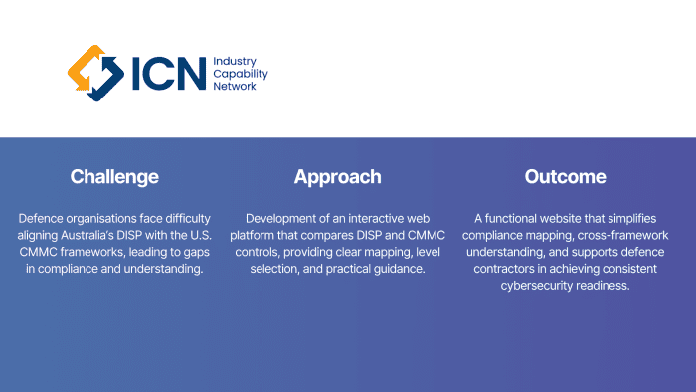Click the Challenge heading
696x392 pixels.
tap(114, 177)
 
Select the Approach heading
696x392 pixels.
tap(337, 177)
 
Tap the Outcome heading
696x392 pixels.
tap(565, 177)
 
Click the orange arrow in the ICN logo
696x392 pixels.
tap(84, 67)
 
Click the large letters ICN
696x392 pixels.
tap(169, 74)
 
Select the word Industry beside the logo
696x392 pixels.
tap(235, 62)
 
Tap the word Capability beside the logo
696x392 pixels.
tap(241, 74)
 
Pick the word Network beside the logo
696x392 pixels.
tap(235, 86)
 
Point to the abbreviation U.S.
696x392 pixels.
tap(201, 235)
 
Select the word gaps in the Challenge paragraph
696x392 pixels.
tap(195, 253)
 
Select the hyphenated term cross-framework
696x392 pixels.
tap(622, 235)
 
